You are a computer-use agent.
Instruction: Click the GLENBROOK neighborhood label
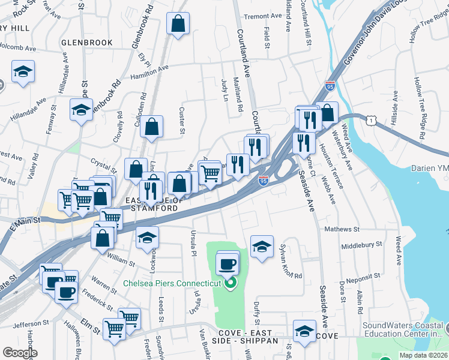coord(87,43)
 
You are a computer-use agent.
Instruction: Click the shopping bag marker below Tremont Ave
coord(178,25)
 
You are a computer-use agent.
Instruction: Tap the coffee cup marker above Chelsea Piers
coord(228,263)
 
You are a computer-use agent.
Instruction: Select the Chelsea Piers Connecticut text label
coord(173,283)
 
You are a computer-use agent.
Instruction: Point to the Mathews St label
coord(341,229)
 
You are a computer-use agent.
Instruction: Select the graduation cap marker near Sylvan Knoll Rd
coord(262,247)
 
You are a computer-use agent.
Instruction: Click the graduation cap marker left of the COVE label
coord(304,331)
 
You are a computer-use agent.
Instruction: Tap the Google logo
coord(20,353)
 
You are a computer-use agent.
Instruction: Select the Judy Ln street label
coord(225,89)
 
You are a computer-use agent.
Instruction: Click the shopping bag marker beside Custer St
coord(152,127)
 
